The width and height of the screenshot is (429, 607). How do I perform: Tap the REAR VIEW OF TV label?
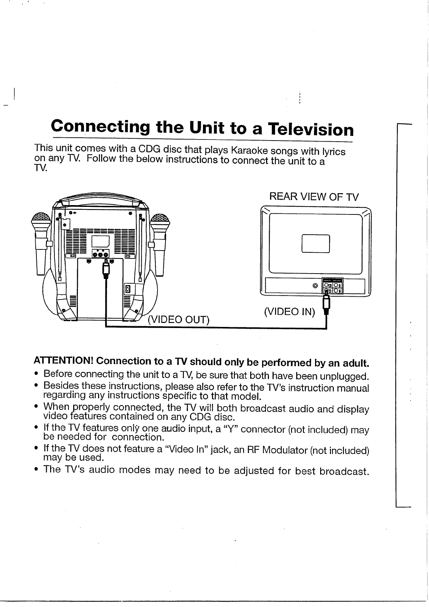coord(314,197)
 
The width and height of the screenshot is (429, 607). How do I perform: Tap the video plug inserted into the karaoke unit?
coord(106,269)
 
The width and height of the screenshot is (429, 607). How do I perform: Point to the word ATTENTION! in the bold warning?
coord(63,361)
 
